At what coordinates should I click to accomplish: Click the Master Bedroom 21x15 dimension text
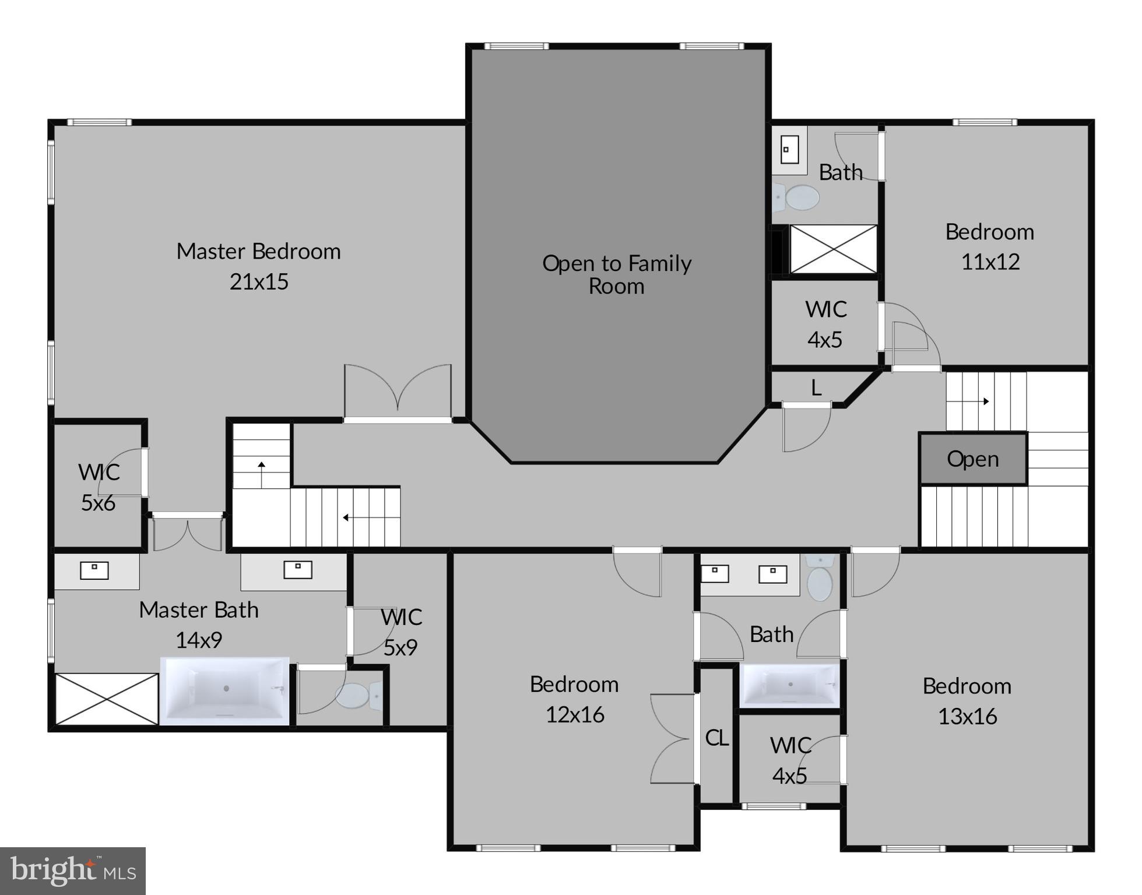[259, 282]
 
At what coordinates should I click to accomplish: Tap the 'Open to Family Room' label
[617, 274]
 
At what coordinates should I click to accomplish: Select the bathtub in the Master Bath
[225, 690]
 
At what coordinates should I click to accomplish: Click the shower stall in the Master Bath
[106, 699]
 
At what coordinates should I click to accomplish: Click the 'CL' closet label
[716, 738]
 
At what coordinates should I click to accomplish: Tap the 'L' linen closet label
[816, 388]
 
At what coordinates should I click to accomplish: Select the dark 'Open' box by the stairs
[972, 459]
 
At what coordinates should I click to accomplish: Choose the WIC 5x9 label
[401, 632]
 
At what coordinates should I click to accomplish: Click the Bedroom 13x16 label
[967, 701]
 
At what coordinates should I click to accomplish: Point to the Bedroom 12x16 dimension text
[575, 715]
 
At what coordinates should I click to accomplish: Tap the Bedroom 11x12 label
[989, 246]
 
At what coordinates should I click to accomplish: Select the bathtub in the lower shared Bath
[789, 685]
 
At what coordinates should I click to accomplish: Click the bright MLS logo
[73, 871]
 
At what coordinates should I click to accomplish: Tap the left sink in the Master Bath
[94, 570]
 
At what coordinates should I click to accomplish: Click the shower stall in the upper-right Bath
[833, 249]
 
